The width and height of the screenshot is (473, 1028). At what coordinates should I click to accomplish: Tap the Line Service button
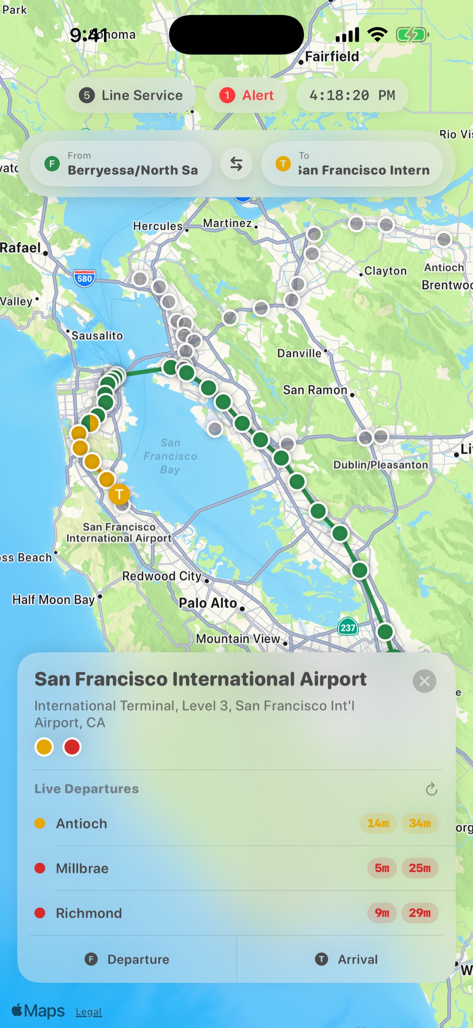tap(131, 95)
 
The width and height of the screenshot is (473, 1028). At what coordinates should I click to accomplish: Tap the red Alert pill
tap(246, 95)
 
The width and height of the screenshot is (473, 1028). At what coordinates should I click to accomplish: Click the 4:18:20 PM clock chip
tap(352, 95)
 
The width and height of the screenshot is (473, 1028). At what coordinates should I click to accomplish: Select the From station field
tap(121, 164)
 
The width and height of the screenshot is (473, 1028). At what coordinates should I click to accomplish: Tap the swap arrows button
tap(236, 164)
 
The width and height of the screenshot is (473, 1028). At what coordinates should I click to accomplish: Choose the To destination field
tap(352, 164)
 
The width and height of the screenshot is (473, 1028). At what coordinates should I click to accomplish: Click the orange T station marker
tap(119, 494)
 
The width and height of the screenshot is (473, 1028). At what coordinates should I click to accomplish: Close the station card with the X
tap(424, 681)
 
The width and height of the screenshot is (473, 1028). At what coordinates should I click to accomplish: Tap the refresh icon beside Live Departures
tap(431, 789)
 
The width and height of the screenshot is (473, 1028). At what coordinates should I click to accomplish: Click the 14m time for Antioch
tap(378, 823)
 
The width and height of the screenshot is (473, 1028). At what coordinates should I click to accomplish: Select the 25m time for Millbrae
tap(420, 868)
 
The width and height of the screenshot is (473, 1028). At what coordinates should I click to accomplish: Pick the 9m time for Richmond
tap(382, 913)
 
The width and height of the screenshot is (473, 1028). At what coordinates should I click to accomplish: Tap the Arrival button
tap(346, 959)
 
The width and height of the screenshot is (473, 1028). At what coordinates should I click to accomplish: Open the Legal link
tap(89, 1012)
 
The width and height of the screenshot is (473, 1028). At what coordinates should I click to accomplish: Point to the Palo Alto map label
tap(208, 603)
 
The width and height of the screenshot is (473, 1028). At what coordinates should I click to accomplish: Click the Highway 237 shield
tap(348, 627)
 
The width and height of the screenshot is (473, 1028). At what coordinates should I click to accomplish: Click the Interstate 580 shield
tap(85, 278)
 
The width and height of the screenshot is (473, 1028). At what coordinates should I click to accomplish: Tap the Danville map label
tap(299, 353)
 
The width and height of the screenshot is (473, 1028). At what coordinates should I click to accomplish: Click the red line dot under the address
tap(72, 747)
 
